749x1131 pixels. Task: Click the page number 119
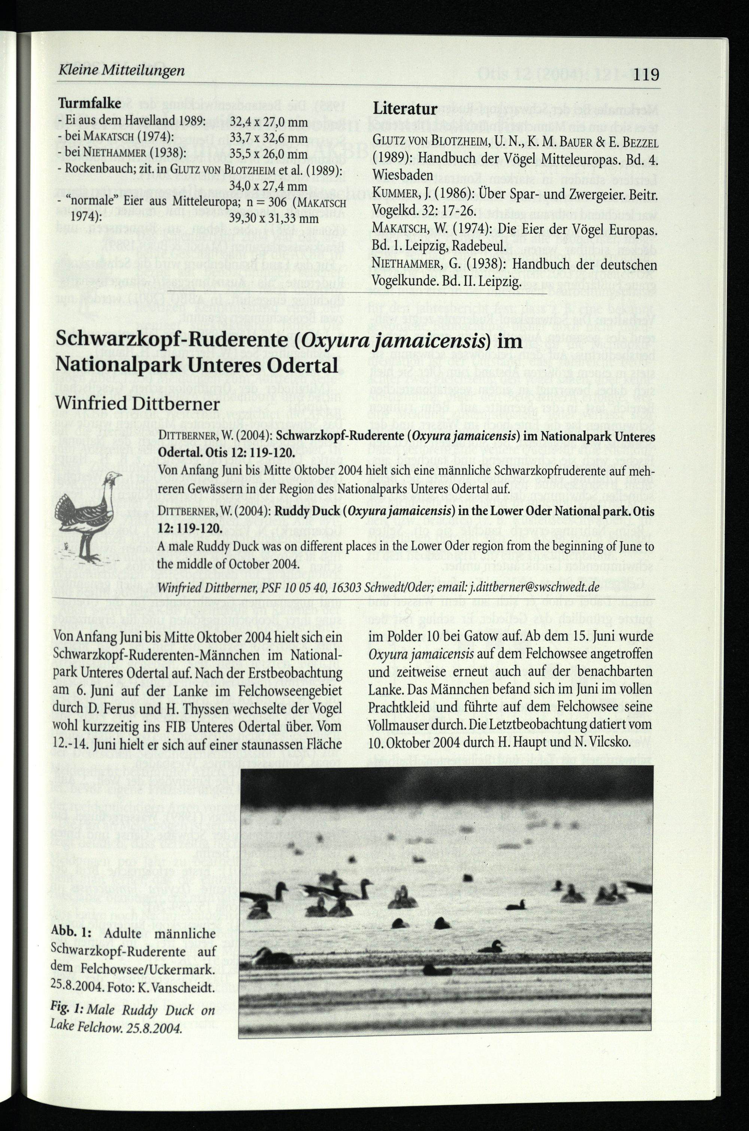pyautogui.click(x=647, y=75)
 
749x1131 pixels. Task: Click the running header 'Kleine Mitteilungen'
pyautogui.click(x=121, y=71)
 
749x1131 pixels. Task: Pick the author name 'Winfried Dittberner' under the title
pyautogui.click(x=137, y=404)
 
